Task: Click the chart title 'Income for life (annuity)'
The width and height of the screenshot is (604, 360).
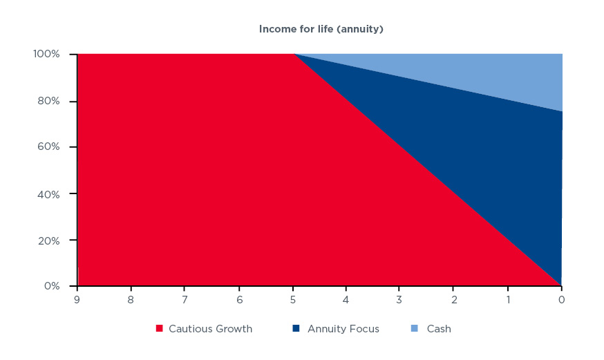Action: click(x=321, y=29)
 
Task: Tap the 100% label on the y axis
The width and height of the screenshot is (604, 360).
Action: click(x=46, y=54)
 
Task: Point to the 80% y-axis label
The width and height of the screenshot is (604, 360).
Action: click(x=48, y=101)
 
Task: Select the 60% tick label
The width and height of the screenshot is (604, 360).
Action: click(x=48, y=146)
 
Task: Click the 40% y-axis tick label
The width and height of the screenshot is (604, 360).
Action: click(x=48, y=194)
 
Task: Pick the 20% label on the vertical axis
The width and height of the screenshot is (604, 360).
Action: click(x=48, y=241)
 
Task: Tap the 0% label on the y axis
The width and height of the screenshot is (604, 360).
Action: click(x=52, y=286)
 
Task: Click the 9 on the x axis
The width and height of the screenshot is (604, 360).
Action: click(x=77, y=300)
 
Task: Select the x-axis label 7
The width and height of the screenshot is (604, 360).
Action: click(x=185, y=300)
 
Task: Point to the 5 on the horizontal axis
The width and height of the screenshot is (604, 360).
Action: click(x=293, y=300)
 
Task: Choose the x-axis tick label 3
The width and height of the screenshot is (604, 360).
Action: click(x=399, y=300)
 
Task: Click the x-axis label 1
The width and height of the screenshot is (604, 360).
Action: click(x=508, y=300)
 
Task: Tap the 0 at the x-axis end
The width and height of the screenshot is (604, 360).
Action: click(x=562, y=300)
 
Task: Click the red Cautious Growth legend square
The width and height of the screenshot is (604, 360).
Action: click(x=160, y=328)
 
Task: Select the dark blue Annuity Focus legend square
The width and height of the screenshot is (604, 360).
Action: click(x=296, y=328)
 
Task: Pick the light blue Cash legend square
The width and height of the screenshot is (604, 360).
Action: click(x=415, y=328)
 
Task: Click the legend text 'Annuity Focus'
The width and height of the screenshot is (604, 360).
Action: click(x=343, y=329)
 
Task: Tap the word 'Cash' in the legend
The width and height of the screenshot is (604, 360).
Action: click(x=439, y=329)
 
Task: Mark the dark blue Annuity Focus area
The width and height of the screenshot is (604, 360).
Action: click(x=501, y=162)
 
